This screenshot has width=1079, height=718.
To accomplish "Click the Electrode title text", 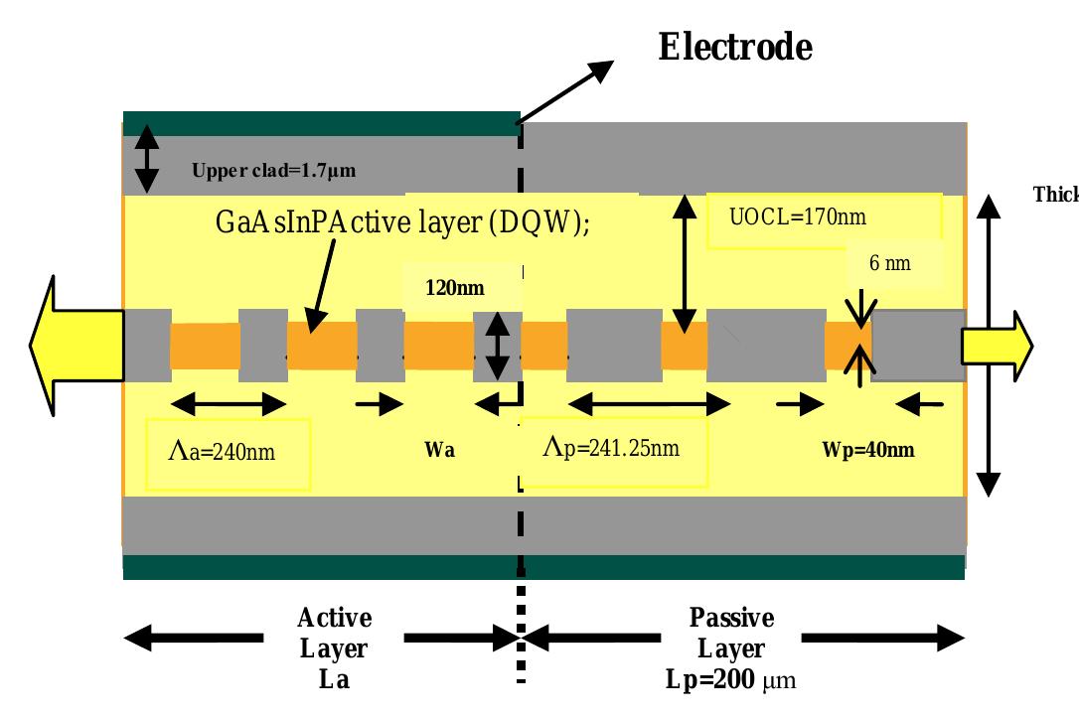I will [735, 48].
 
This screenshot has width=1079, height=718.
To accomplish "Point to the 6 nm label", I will [889, 264].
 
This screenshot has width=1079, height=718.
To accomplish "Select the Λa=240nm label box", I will [228, 454].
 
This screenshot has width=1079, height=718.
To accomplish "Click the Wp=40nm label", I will [867, 449].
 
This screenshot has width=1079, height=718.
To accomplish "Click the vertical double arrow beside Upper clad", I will [146, 159].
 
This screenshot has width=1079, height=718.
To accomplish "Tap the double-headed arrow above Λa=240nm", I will [228, 403].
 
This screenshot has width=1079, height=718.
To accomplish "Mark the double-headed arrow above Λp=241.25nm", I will [647, 403].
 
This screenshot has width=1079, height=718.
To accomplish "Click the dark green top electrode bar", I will [320, 123].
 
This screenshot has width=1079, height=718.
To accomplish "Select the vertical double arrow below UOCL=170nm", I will [682, 263].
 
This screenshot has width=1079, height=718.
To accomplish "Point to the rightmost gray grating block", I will [917, 346].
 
